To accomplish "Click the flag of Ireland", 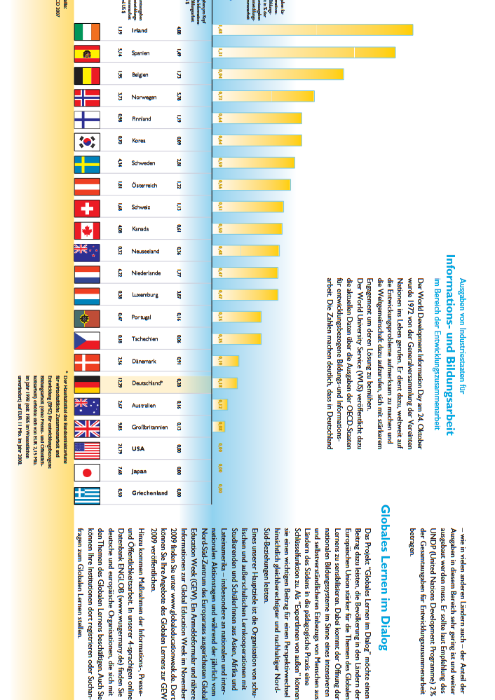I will coord(87,32).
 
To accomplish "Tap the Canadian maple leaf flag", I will coord(87,230).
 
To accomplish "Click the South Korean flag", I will coord(87,142).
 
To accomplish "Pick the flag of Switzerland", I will coord(87,208).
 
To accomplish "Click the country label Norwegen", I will coord(144,97).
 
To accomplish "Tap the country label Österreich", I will coord(144,186).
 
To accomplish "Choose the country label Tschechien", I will coord(144,340).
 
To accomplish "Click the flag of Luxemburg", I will coord(87,296).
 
